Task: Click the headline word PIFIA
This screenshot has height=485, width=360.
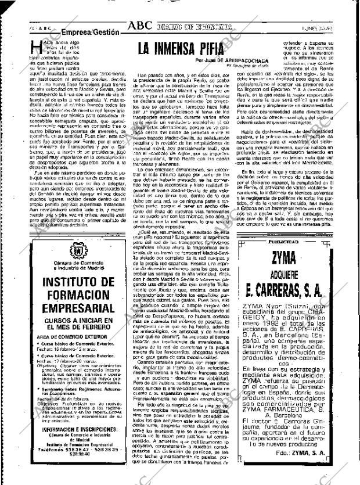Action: pyautogui.click(x=210, y=48)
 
